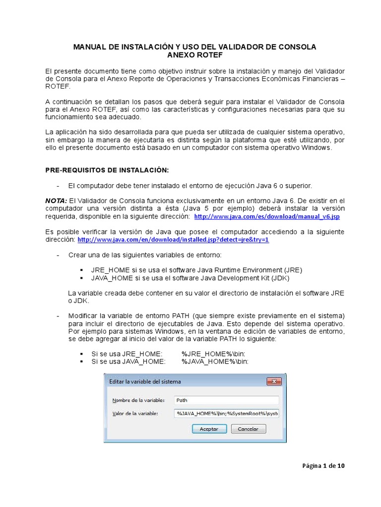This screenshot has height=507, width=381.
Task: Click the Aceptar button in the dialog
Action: (209, 429)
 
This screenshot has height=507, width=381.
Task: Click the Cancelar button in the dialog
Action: (248, 429)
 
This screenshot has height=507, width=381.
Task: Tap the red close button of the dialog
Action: (273, 381)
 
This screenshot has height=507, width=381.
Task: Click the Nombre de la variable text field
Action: (226, 400)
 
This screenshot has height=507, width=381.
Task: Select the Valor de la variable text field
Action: (226, 413)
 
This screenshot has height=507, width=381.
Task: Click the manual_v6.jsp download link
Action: (267, 217)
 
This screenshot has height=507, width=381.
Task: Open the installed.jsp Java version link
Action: (173, 240)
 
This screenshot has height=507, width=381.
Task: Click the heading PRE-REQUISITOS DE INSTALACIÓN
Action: (107, 170)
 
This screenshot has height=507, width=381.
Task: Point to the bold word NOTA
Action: (56, 201)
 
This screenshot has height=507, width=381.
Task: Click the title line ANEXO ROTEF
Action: (194, 55)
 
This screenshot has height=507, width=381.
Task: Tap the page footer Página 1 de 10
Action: (323, 466)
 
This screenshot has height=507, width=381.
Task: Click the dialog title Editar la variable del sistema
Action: (145, 381)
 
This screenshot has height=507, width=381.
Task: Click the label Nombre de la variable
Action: (135, 401)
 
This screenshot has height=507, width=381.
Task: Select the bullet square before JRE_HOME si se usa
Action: (81, 270)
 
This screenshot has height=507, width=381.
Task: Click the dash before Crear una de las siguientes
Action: (58, 255)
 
